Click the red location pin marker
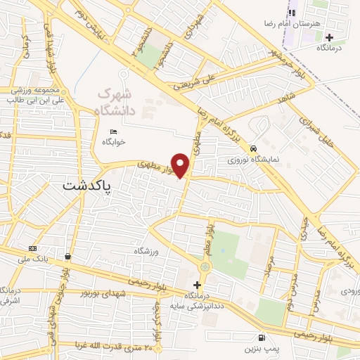click(181, 165)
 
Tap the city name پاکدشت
click(89, 186)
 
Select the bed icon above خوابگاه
click(114, 131)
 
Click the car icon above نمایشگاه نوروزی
click(252, 149)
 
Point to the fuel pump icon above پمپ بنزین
click(262, 337)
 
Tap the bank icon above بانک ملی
click(32, 249)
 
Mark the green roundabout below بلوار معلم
click(205, 267)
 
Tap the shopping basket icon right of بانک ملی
click(67, 257)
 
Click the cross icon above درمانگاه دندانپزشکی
click(197, 285)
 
